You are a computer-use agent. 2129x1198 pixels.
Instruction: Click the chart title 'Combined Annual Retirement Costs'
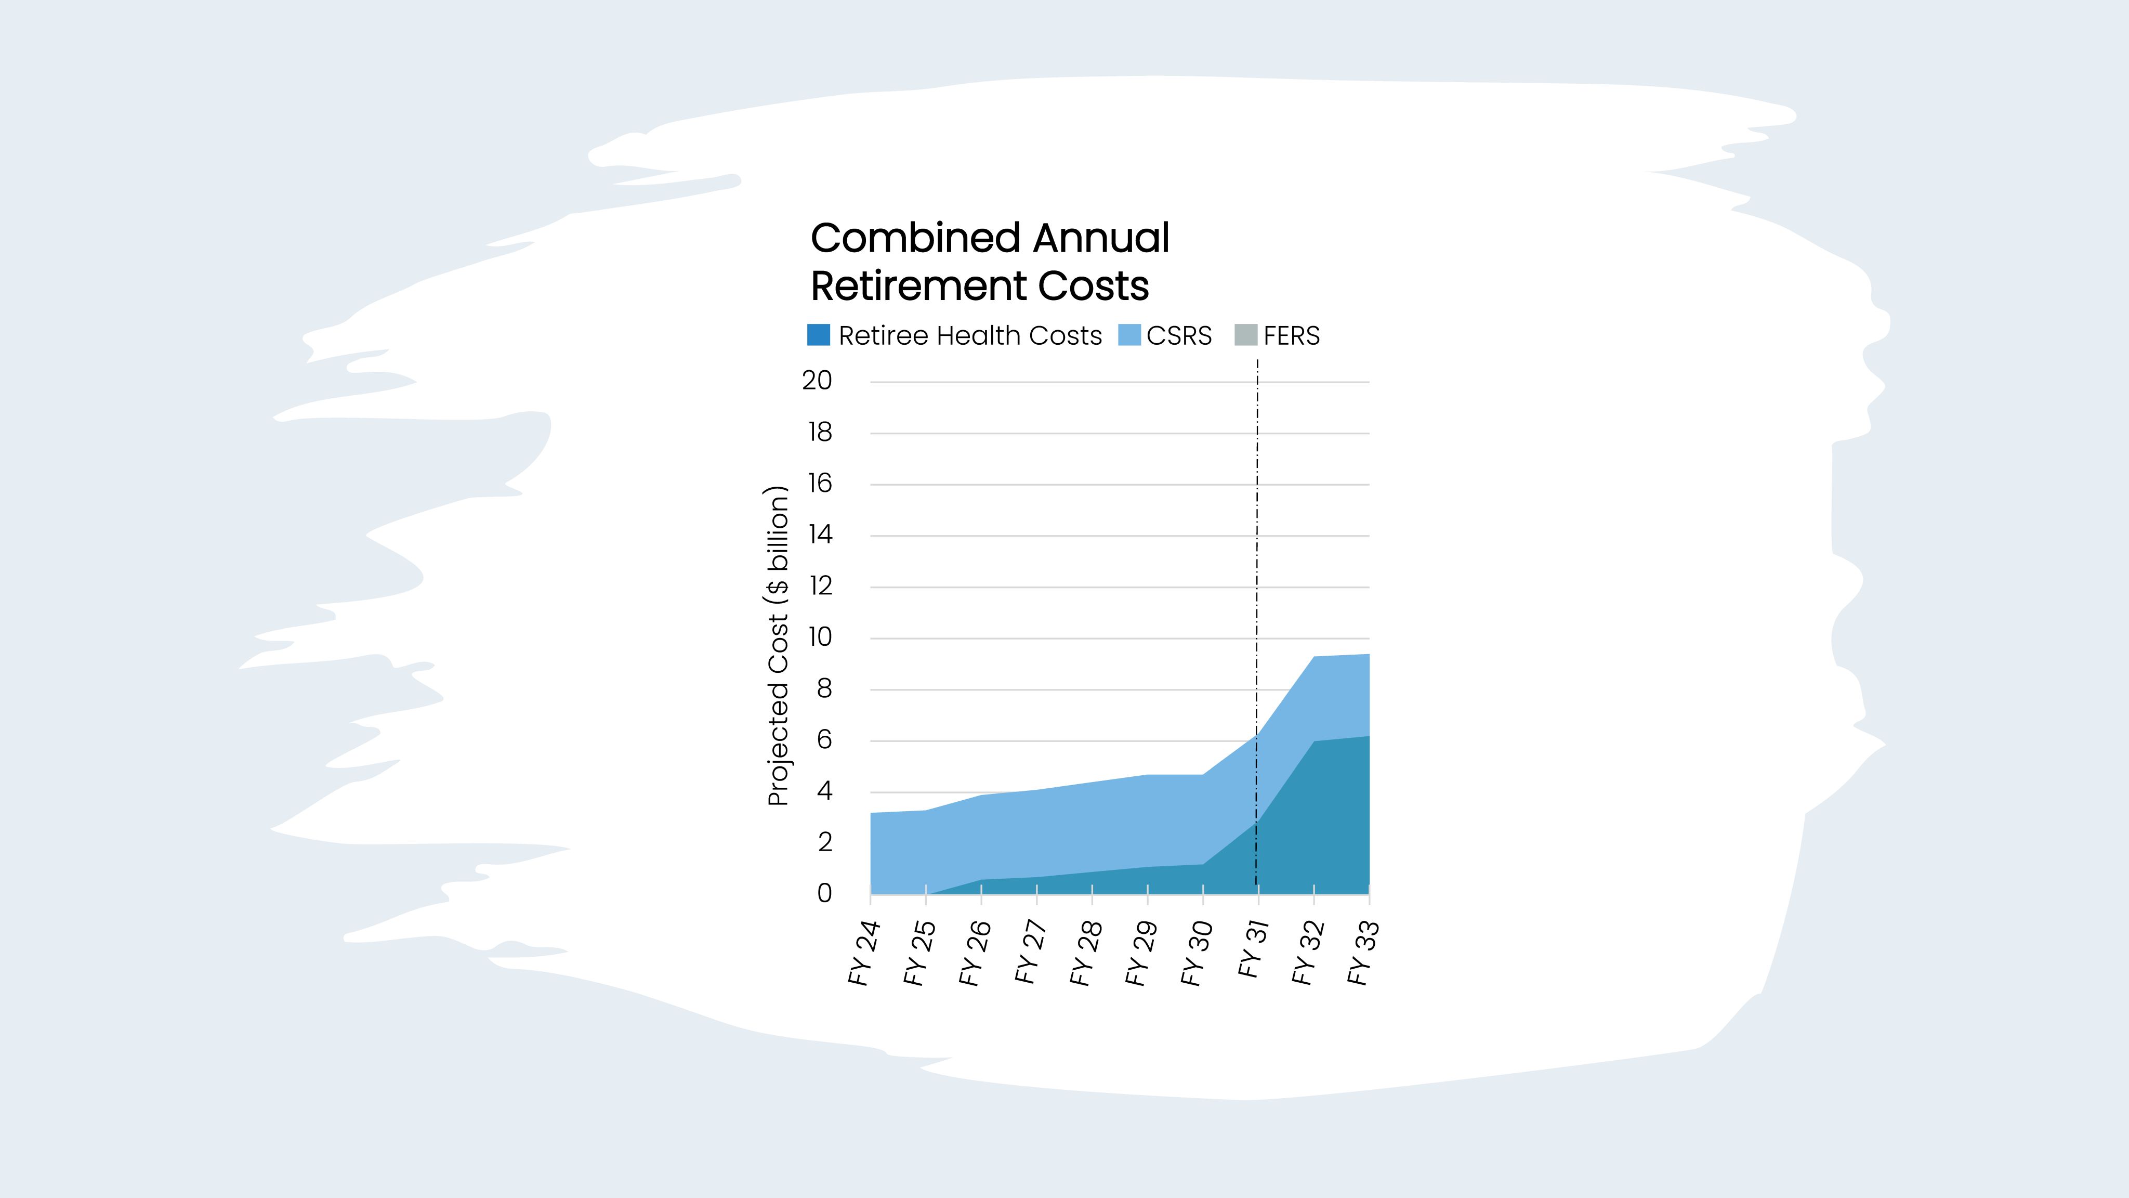[989, 261]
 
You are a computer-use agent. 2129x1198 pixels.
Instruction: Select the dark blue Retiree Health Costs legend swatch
[818, 335]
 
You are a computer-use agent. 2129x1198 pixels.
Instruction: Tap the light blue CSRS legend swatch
[1129, 335]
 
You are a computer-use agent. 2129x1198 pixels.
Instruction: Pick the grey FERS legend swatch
[1245, 335]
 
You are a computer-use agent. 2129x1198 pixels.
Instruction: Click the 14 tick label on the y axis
[820, 535]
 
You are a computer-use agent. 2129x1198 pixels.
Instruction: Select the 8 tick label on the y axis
[824, 689]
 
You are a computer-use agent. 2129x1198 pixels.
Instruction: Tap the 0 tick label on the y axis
[824, 894]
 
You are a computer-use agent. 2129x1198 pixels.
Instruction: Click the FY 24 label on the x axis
[864, 953]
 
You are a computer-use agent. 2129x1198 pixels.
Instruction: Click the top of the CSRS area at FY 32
[1314, 657]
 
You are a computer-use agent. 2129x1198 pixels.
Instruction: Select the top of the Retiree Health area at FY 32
[1314, 741]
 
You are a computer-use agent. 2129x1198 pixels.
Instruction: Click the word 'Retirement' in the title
[918, 286]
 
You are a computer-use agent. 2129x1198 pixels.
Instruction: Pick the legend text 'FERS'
[1291, 336]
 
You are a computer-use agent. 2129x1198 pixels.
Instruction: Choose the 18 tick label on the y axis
[820, 433]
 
